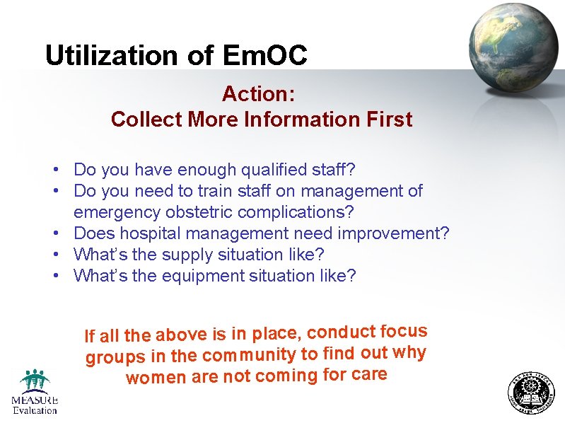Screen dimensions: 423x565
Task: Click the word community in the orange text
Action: click(x=250, y=354)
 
